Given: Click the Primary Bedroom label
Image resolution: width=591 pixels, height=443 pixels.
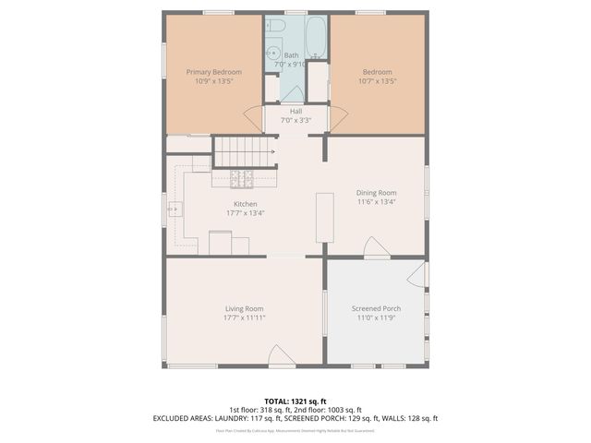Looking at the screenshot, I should point(213,72).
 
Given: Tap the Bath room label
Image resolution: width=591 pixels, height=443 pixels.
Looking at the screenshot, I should point(291,55).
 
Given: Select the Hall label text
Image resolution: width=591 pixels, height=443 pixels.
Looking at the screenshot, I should point(295,112).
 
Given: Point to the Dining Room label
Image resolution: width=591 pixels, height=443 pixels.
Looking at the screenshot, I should point(376,193).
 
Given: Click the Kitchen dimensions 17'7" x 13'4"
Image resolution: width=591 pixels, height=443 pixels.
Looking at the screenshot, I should point(245,213).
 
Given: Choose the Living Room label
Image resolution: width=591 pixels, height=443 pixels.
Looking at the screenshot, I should point(245,308).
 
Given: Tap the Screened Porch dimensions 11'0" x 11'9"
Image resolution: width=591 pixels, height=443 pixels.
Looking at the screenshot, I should point(376,317).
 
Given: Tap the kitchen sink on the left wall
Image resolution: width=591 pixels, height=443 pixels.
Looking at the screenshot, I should point(175,210).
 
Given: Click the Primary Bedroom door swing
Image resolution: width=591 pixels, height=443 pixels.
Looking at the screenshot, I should point(252,118).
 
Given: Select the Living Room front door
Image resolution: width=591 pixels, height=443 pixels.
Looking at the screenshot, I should point(281,355).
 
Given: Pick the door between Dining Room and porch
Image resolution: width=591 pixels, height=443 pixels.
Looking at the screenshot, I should point(375,247).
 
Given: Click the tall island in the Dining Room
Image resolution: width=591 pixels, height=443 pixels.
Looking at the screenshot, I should point(324,218).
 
